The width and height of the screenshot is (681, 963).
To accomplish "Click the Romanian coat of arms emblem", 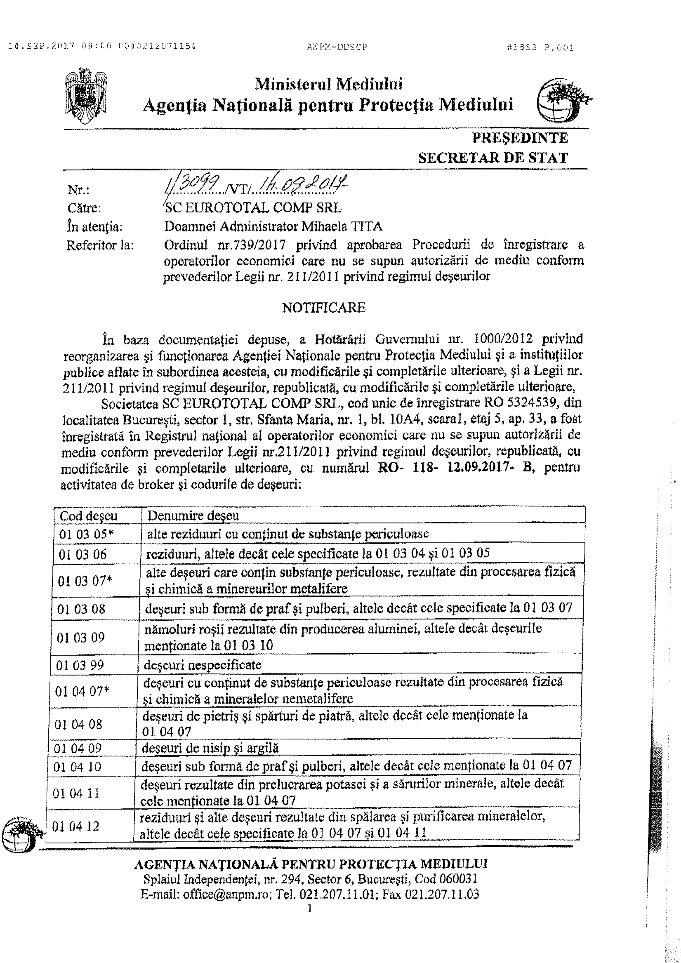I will pos(86,96).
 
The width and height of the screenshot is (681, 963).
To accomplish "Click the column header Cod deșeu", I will pos(89,516).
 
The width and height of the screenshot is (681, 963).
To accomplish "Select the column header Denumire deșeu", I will pos(193,516).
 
